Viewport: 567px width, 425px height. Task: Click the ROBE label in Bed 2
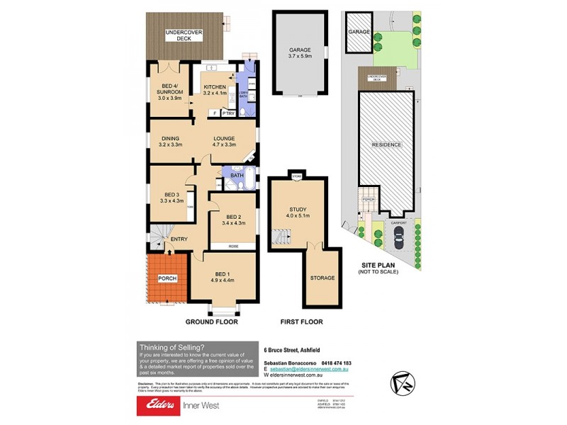pos(233,246)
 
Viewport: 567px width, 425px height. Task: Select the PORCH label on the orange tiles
pos(167,278)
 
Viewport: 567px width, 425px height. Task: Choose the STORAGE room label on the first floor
pos(322,278)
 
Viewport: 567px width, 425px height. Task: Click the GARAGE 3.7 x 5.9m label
pos(300,51)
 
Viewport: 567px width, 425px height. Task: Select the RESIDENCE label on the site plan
pos(386,144)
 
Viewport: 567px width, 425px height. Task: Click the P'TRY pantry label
pos(228,113)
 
